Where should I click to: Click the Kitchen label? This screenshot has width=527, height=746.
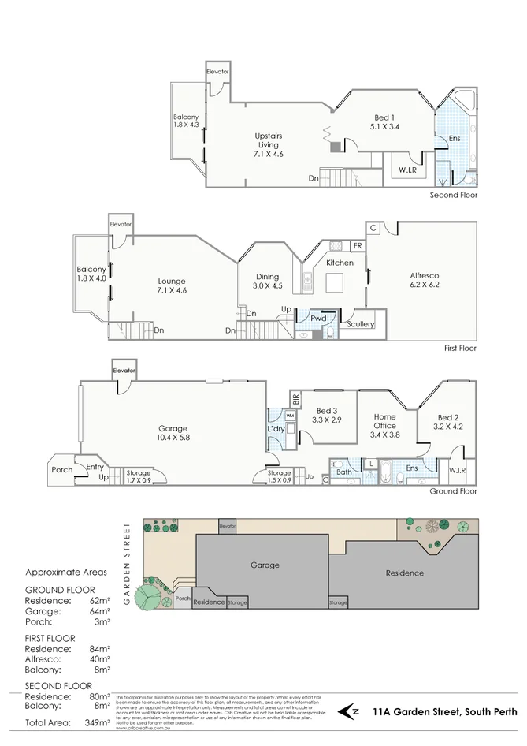tap(340, 263)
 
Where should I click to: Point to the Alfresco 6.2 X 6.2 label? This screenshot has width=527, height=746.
tap(424, 280)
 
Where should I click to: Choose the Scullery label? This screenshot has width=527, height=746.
tap(361, 324)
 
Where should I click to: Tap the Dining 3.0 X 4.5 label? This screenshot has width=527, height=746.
tap(267, 282)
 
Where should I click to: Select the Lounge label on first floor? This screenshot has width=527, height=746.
tap(171, 285)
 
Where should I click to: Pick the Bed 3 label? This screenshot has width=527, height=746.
tap(327, 416)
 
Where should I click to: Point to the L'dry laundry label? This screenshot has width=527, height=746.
tap(276, 428)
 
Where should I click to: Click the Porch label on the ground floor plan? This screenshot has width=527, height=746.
tap(61, 470)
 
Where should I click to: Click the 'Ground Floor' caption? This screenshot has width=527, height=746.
tap(453, 490)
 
